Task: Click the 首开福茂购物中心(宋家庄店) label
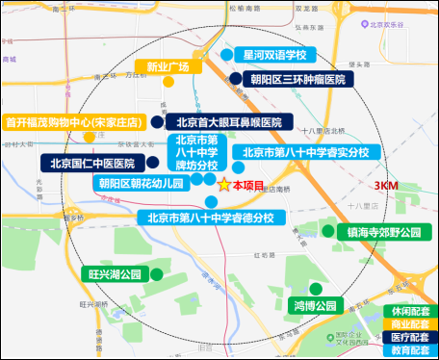74,122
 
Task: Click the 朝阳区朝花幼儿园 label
142,182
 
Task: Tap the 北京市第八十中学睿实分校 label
305,152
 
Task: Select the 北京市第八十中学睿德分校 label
211,218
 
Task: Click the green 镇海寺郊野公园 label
383,232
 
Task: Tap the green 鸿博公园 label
316,306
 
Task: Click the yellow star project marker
223,185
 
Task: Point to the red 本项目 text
249,185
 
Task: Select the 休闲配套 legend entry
409,312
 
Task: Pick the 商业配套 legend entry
409,324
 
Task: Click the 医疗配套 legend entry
409,338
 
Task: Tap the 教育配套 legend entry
409,351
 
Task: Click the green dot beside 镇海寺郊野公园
328,231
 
